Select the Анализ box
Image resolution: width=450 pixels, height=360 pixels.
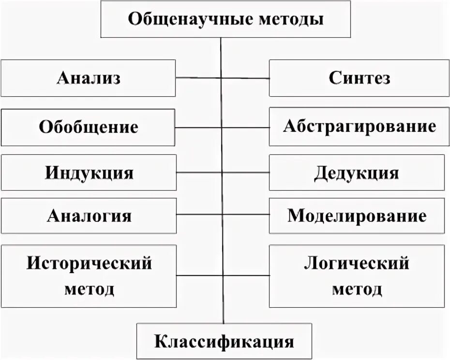(x=88, y=78)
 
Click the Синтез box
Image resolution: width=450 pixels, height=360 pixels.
(x=359, y=78)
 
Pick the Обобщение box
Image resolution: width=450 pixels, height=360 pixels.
(x=88, y=127)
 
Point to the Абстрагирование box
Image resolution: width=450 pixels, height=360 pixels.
(x=359, y=127)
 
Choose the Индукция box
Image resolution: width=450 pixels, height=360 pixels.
(x=88, y=173)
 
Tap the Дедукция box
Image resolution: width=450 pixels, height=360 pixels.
(x=357, y=173)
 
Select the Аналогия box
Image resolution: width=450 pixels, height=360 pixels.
(x=88, y=215)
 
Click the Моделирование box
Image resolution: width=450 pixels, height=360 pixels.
(x=357, y=215)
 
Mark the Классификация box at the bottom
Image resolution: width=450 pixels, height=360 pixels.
(x=224, y=341)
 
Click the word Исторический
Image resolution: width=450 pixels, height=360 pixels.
(x=89, y=263)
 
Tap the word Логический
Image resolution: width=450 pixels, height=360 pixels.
(x=357, y=263)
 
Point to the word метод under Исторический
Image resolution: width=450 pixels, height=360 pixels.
(x=89, y=289)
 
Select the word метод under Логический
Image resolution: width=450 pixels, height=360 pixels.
(x=357, y=289)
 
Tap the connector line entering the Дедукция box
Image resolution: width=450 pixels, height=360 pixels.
(x=247, y=173)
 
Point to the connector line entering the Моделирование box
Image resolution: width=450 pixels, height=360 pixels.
(x=247, y=214)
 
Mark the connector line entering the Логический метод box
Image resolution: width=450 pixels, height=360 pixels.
(x=247, y=275)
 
